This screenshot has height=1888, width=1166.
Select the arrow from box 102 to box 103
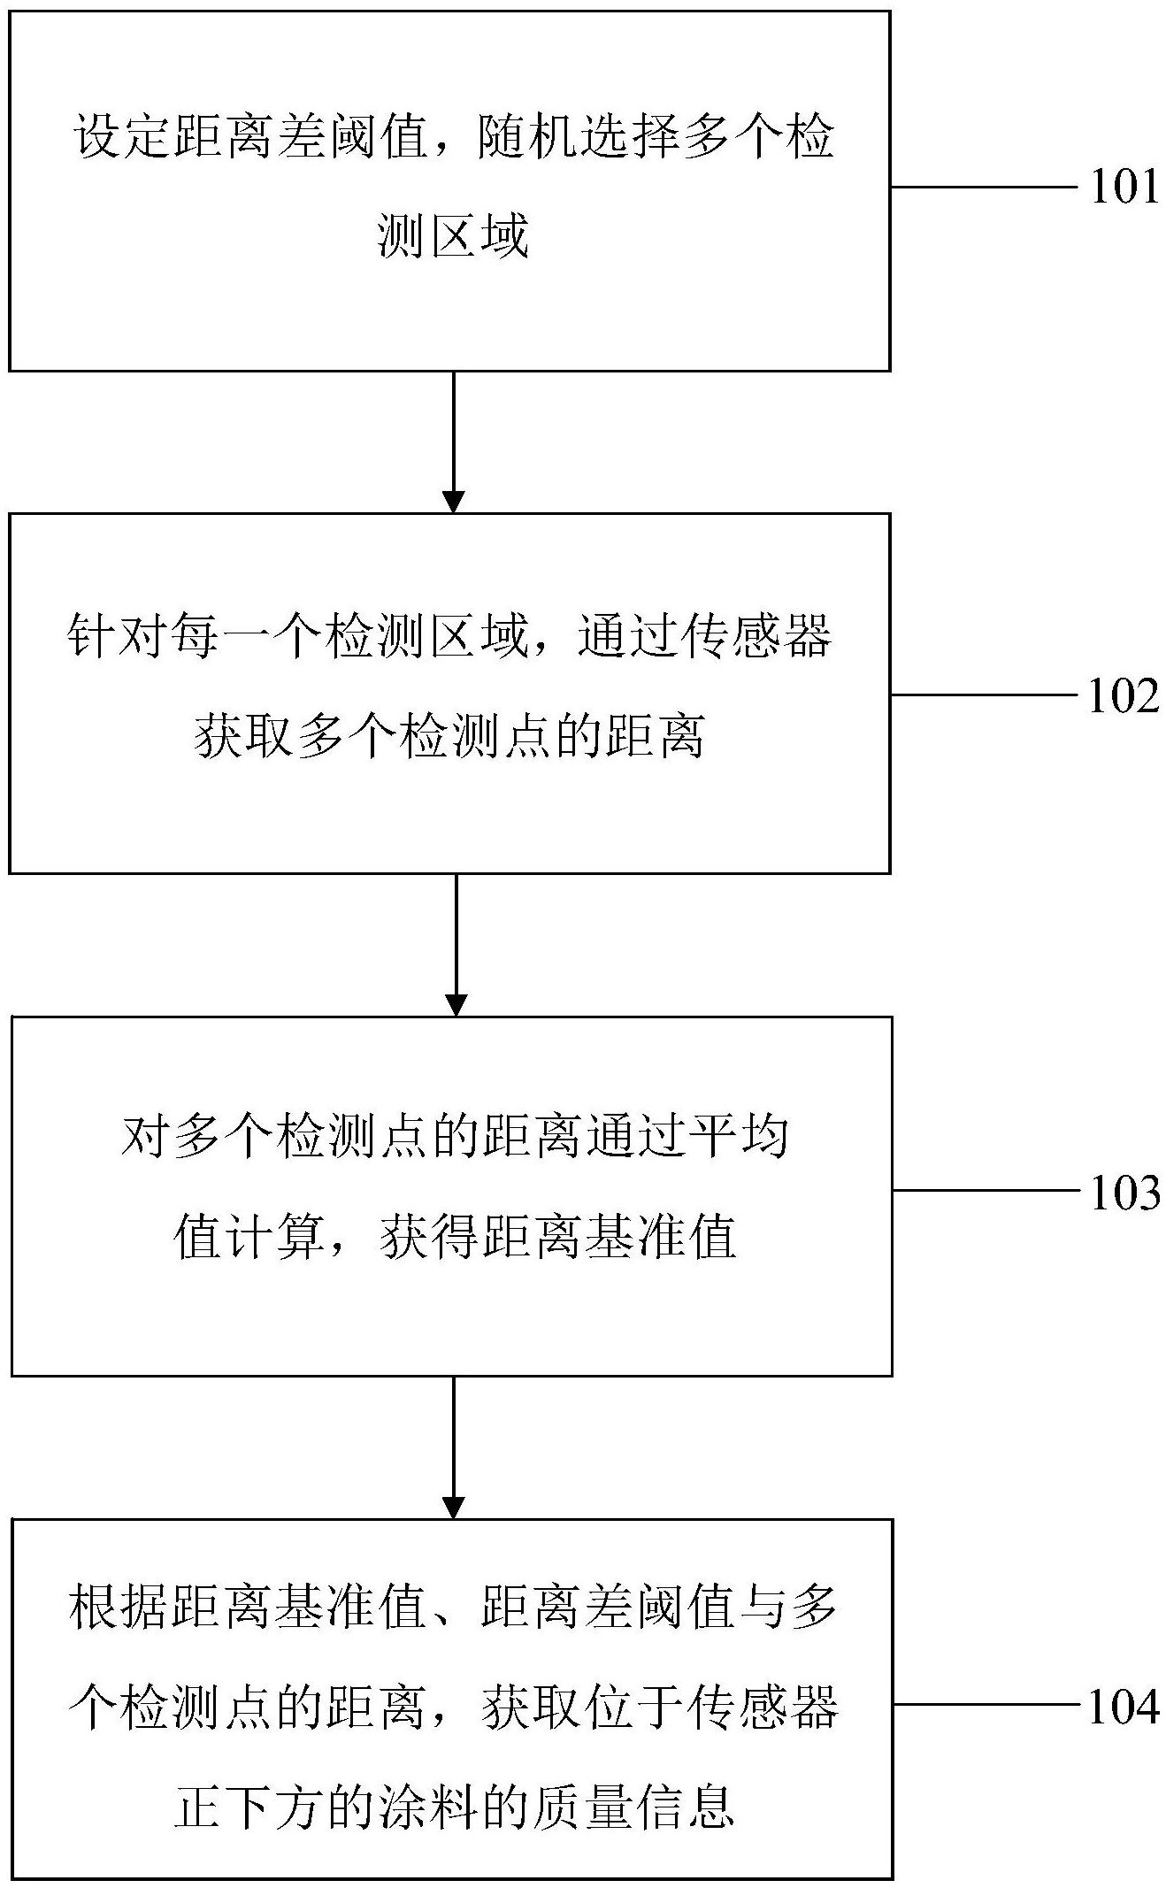456,944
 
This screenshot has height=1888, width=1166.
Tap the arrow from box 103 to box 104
453,1447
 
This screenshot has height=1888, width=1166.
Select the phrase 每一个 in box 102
246,637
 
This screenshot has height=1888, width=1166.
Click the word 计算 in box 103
273,1236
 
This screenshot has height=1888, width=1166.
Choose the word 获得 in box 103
431,1236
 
